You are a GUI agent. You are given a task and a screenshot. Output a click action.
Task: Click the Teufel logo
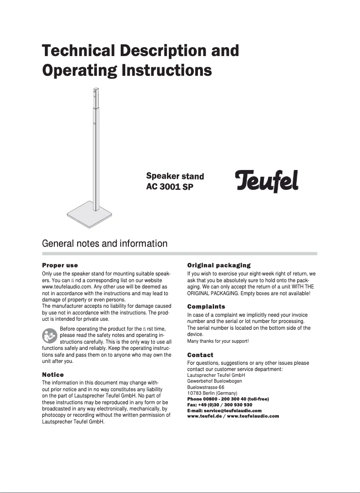point(267,180)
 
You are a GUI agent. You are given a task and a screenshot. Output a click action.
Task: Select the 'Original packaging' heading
point(219,266)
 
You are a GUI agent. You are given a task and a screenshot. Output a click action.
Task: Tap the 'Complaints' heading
point(206,307)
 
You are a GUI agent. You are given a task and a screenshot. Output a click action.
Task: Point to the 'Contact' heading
point(200,355)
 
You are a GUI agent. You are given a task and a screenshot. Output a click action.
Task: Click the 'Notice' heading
point(53,375)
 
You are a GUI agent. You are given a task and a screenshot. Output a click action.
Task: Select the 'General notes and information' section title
point(105,244)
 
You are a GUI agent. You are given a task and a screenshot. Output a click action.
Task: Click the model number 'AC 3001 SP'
point(170,186)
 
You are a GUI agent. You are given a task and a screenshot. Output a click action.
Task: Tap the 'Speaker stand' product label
point(175,176)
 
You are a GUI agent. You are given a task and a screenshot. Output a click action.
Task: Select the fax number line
point(219,405)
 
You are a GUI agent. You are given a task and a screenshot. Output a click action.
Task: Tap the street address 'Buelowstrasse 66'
point(206,387)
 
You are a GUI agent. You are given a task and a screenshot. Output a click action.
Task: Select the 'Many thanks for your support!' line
point(218,341)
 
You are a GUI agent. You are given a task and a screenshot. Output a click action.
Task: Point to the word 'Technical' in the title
point(78,51)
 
